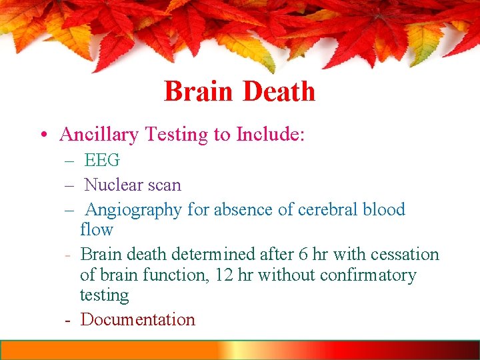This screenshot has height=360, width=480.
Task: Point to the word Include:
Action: point(270,135)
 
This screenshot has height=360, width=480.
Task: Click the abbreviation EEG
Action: point(102,161)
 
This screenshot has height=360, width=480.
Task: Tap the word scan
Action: point(163,184)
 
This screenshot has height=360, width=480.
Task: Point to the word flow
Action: point(97,230)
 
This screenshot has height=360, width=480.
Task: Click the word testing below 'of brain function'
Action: point(104,295)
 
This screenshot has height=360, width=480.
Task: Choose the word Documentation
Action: point(138,319)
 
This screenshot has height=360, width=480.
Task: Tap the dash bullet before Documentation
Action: point(69,320)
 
